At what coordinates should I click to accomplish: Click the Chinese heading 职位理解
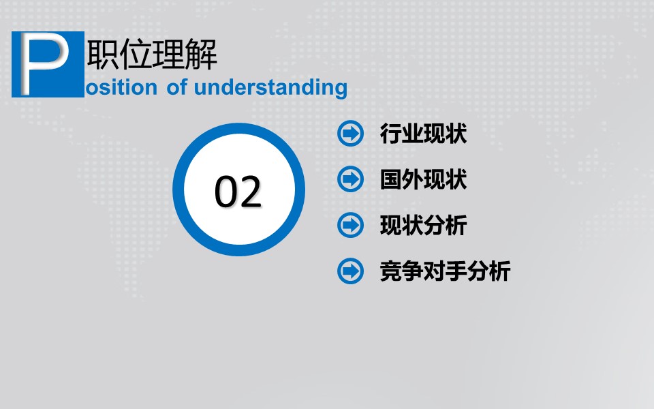point(152,55)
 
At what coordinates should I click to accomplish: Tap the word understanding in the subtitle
point(270,88)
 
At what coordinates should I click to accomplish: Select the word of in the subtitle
point(176,88)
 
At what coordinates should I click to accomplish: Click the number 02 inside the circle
point(238,192)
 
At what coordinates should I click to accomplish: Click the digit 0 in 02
point(225,192)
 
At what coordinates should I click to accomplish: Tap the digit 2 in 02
point(251,192)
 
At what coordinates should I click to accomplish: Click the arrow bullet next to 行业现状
point(351,133)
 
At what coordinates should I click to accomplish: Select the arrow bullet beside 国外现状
point(351,179)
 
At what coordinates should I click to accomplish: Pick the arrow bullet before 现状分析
point(351,225)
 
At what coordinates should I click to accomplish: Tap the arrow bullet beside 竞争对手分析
point(351,271)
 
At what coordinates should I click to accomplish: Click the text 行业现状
point(423,134)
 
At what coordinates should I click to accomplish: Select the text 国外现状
point(423,180)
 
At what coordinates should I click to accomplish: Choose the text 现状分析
point(423,226)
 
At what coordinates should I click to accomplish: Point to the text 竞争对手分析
point(445,272)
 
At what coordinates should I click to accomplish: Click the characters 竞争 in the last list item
point(401,272)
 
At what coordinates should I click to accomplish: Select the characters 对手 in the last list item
point(445,272)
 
